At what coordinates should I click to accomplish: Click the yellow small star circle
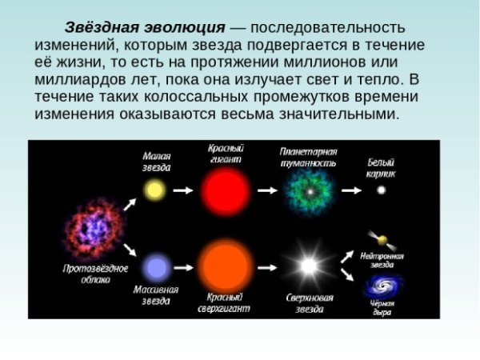(154, 190)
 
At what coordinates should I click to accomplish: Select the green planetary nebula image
(308, 191)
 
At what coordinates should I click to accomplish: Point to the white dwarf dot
(381, 190)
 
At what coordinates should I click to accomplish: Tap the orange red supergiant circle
(225, 266)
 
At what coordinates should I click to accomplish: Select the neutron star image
(381, 239)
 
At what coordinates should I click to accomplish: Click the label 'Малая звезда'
(156, 161)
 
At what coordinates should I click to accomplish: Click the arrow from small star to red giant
(183, 190)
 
